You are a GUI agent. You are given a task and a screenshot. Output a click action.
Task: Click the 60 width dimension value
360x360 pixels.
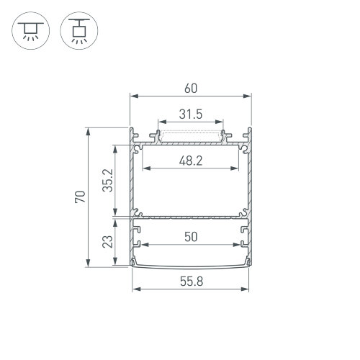(191, 89)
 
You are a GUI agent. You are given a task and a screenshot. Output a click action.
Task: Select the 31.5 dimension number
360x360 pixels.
(191, 114)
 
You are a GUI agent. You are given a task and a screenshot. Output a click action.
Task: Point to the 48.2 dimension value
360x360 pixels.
(191, 161)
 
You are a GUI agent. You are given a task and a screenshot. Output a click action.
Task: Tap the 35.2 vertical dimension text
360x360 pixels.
(107, 180)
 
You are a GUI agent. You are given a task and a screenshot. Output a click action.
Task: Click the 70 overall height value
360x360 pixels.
(80, 197)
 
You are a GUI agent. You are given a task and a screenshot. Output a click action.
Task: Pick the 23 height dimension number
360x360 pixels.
(107, 241)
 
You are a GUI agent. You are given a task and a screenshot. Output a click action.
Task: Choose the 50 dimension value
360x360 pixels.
(191, 237)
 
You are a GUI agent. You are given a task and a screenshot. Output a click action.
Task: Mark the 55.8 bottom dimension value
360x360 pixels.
(192, 282)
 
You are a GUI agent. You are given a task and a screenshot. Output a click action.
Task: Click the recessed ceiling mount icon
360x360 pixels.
(31, 31)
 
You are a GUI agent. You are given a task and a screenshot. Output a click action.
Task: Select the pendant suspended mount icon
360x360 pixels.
(79, 31)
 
